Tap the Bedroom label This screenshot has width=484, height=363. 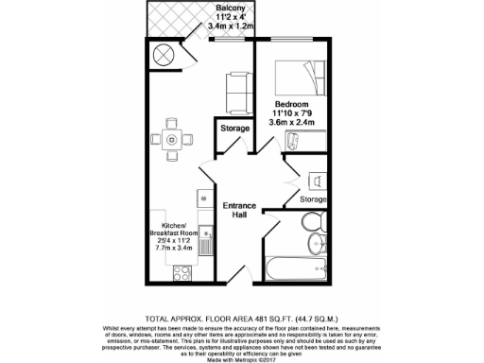(x=292, y=103)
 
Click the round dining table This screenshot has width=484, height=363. (x=171, y=140)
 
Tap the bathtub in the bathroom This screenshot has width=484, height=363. (x=297, y=268)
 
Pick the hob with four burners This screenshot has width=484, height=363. (x=178, y=273)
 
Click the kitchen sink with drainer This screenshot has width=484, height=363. (x=199, y=237)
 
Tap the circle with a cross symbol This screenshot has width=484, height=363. (x=164, y=54)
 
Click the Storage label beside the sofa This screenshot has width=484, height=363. (x=234, y=128)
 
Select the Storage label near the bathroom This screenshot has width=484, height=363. (x=313, y=199)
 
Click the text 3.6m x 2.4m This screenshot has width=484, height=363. (x=293, y=123)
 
